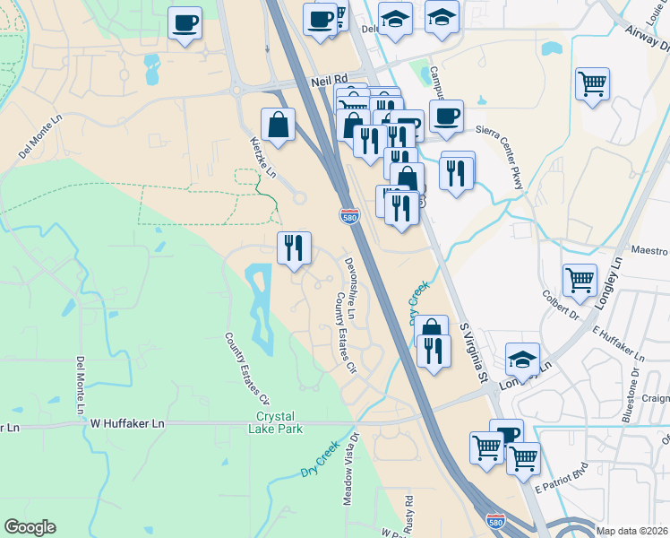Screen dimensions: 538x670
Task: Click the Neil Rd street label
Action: (328, 81)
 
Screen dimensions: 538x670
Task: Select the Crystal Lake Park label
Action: (279, 422)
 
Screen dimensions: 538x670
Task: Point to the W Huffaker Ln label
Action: (128, 421)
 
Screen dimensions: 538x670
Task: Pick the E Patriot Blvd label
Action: (560, 480)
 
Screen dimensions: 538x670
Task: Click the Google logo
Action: (29, 527)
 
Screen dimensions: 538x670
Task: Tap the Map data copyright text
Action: (632, 531)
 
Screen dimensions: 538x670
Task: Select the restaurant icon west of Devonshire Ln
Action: (294, 247)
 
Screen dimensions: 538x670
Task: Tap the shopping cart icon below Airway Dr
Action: (593, 85)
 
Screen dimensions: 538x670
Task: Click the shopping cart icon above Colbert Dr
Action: (580, 280)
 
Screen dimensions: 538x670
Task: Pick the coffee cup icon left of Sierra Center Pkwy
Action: (446, 115)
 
